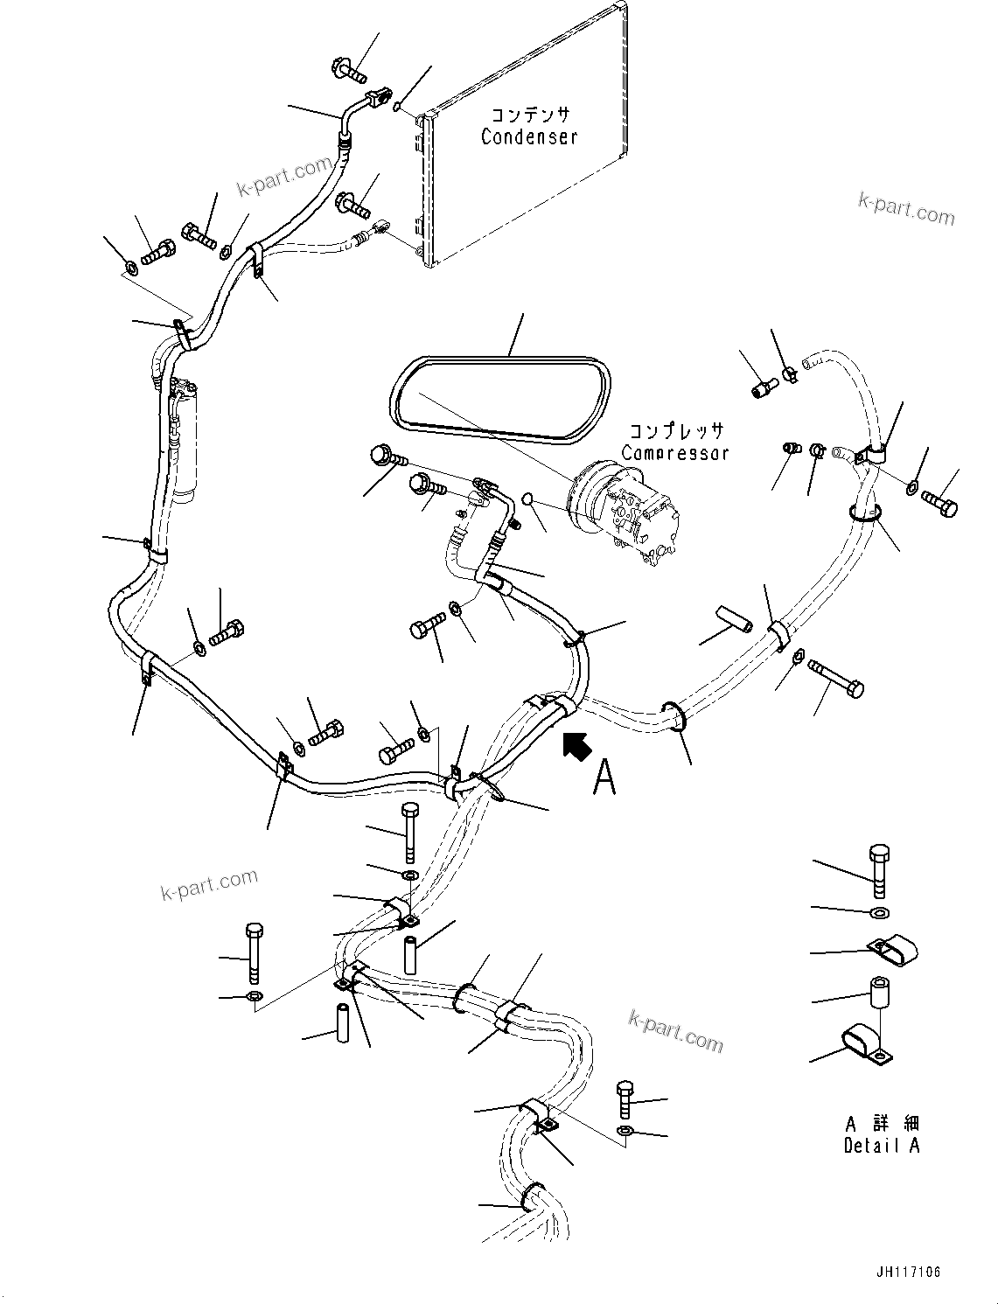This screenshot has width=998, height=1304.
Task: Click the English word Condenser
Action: pyautogui.click(x=529, y=137)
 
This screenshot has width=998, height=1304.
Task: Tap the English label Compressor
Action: pyautogui.click(x=674, y=453)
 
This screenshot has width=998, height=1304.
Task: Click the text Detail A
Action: pyautogui.click(x=882, y=1146)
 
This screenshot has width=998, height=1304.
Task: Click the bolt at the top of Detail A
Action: pyautogui.click(x=880, y=870)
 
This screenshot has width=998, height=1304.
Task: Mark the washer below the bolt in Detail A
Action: pyautogui.click(x=880, y=913)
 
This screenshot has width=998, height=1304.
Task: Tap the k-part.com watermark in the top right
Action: pyautogui.click(x=906, y=210)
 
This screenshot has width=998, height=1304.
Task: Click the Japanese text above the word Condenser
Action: pyautogui.click(x=529, y=115)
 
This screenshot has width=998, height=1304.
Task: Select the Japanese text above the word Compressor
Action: pyautogui.click(x=676, y=431)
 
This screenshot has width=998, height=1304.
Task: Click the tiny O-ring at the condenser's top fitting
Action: pyautogui.click(x=397, y=108)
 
